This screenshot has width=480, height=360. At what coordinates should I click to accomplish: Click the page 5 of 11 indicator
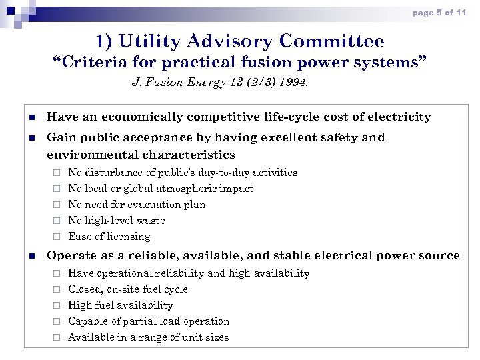tap(439, 13)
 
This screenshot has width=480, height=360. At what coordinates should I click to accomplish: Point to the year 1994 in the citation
tap(295, 83)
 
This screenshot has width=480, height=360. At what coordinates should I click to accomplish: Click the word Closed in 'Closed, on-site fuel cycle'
tap(85, 289)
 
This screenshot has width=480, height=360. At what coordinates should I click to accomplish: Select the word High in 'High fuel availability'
tap(80, 305)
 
